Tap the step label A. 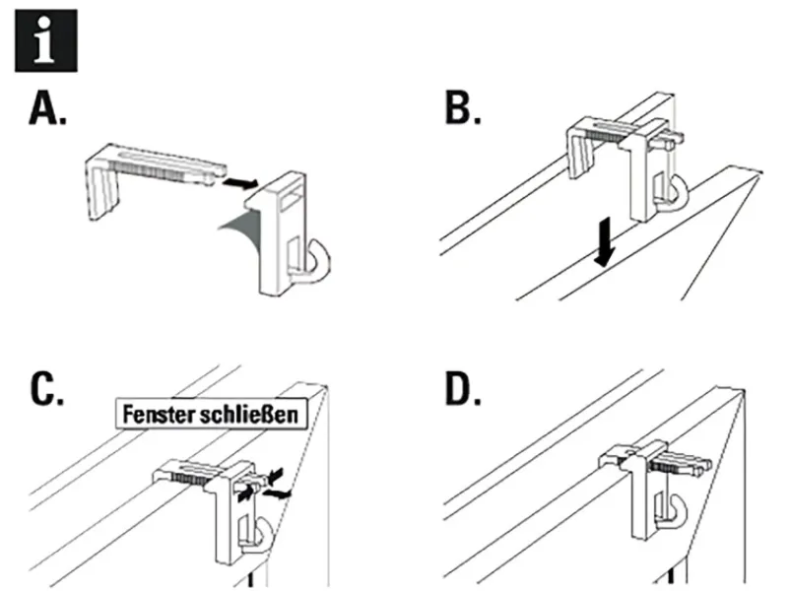[x=47, y=112]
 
